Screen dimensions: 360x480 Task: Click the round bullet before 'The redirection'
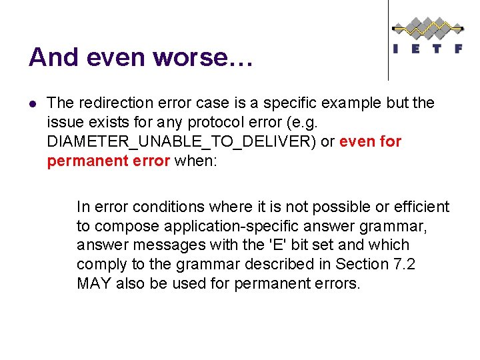tap(33, 104)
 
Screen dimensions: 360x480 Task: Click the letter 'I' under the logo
tap(397, 49)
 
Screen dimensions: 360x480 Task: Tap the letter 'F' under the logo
tap(458, 49)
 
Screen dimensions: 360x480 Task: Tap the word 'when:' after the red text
tap(195, 161)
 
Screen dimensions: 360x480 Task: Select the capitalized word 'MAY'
tap(94, 284)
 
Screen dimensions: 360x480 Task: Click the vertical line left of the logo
tap(389, 40)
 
